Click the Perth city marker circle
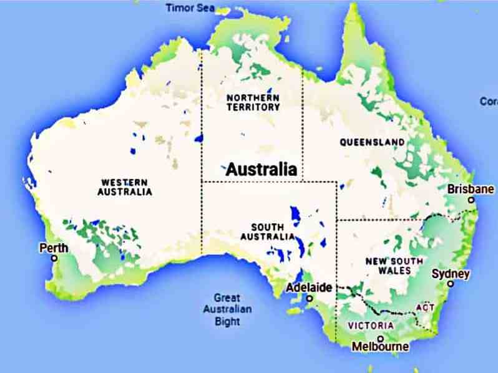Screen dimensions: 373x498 tap(54, 258)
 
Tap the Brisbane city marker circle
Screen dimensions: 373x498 tap(472, 200)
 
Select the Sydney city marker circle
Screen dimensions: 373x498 tap(450, 284)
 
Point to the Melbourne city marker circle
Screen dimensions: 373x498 tap(381, 338)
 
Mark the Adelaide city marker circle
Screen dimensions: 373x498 tap(310, 298)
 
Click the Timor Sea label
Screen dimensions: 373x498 tap(189, 7)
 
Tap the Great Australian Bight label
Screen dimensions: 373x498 tap(227, 309)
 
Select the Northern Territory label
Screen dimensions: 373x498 tap(253, 102)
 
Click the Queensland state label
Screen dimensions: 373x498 tap(372, 142)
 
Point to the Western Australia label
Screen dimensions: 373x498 tap(124, 187)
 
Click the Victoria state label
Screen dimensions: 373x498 tap(371, 326)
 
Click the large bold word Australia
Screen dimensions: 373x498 tap(261, 169)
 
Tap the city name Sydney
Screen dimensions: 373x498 tap(451, 274)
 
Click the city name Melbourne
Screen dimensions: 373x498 tap(380, 347)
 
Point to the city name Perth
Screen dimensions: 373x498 tap(54, 248)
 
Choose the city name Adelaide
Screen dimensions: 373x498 tap(310, 288)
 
